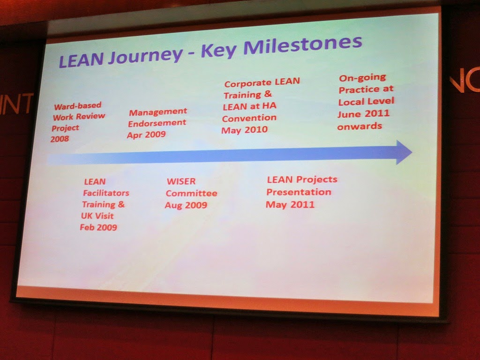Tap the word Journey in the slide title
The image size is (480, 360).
point(145,57)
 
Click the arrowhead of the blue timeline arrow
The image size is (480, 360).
point(404,152)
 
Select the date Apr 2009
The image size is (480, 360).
point(146,135)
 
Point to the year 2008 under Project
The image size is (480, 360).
point(60,139)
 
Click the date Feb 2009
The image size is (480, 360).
point(98,227)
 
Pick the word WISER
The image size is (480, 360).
point(181,181)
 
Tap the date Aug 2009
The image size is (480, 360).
point(186,205)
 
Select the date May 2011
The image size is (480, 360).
point(290,204)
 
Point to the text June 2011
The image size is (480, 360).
point(363,114)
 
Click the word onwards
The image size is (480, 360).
point(360,127)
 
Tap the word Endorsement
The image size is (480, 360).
point(157,123)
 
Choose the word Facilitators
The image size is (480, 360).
point(106,193)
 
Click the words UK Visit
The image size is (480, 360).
point(97,216)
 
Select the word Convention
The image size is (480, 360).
point(249,118)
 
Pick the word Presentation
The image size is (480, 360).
point(299,192)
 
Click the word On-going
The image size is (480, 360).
point(362,78)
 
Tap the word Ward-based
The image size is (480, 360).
point(78,106)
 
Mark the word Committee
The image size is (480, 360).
point(192,194)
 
